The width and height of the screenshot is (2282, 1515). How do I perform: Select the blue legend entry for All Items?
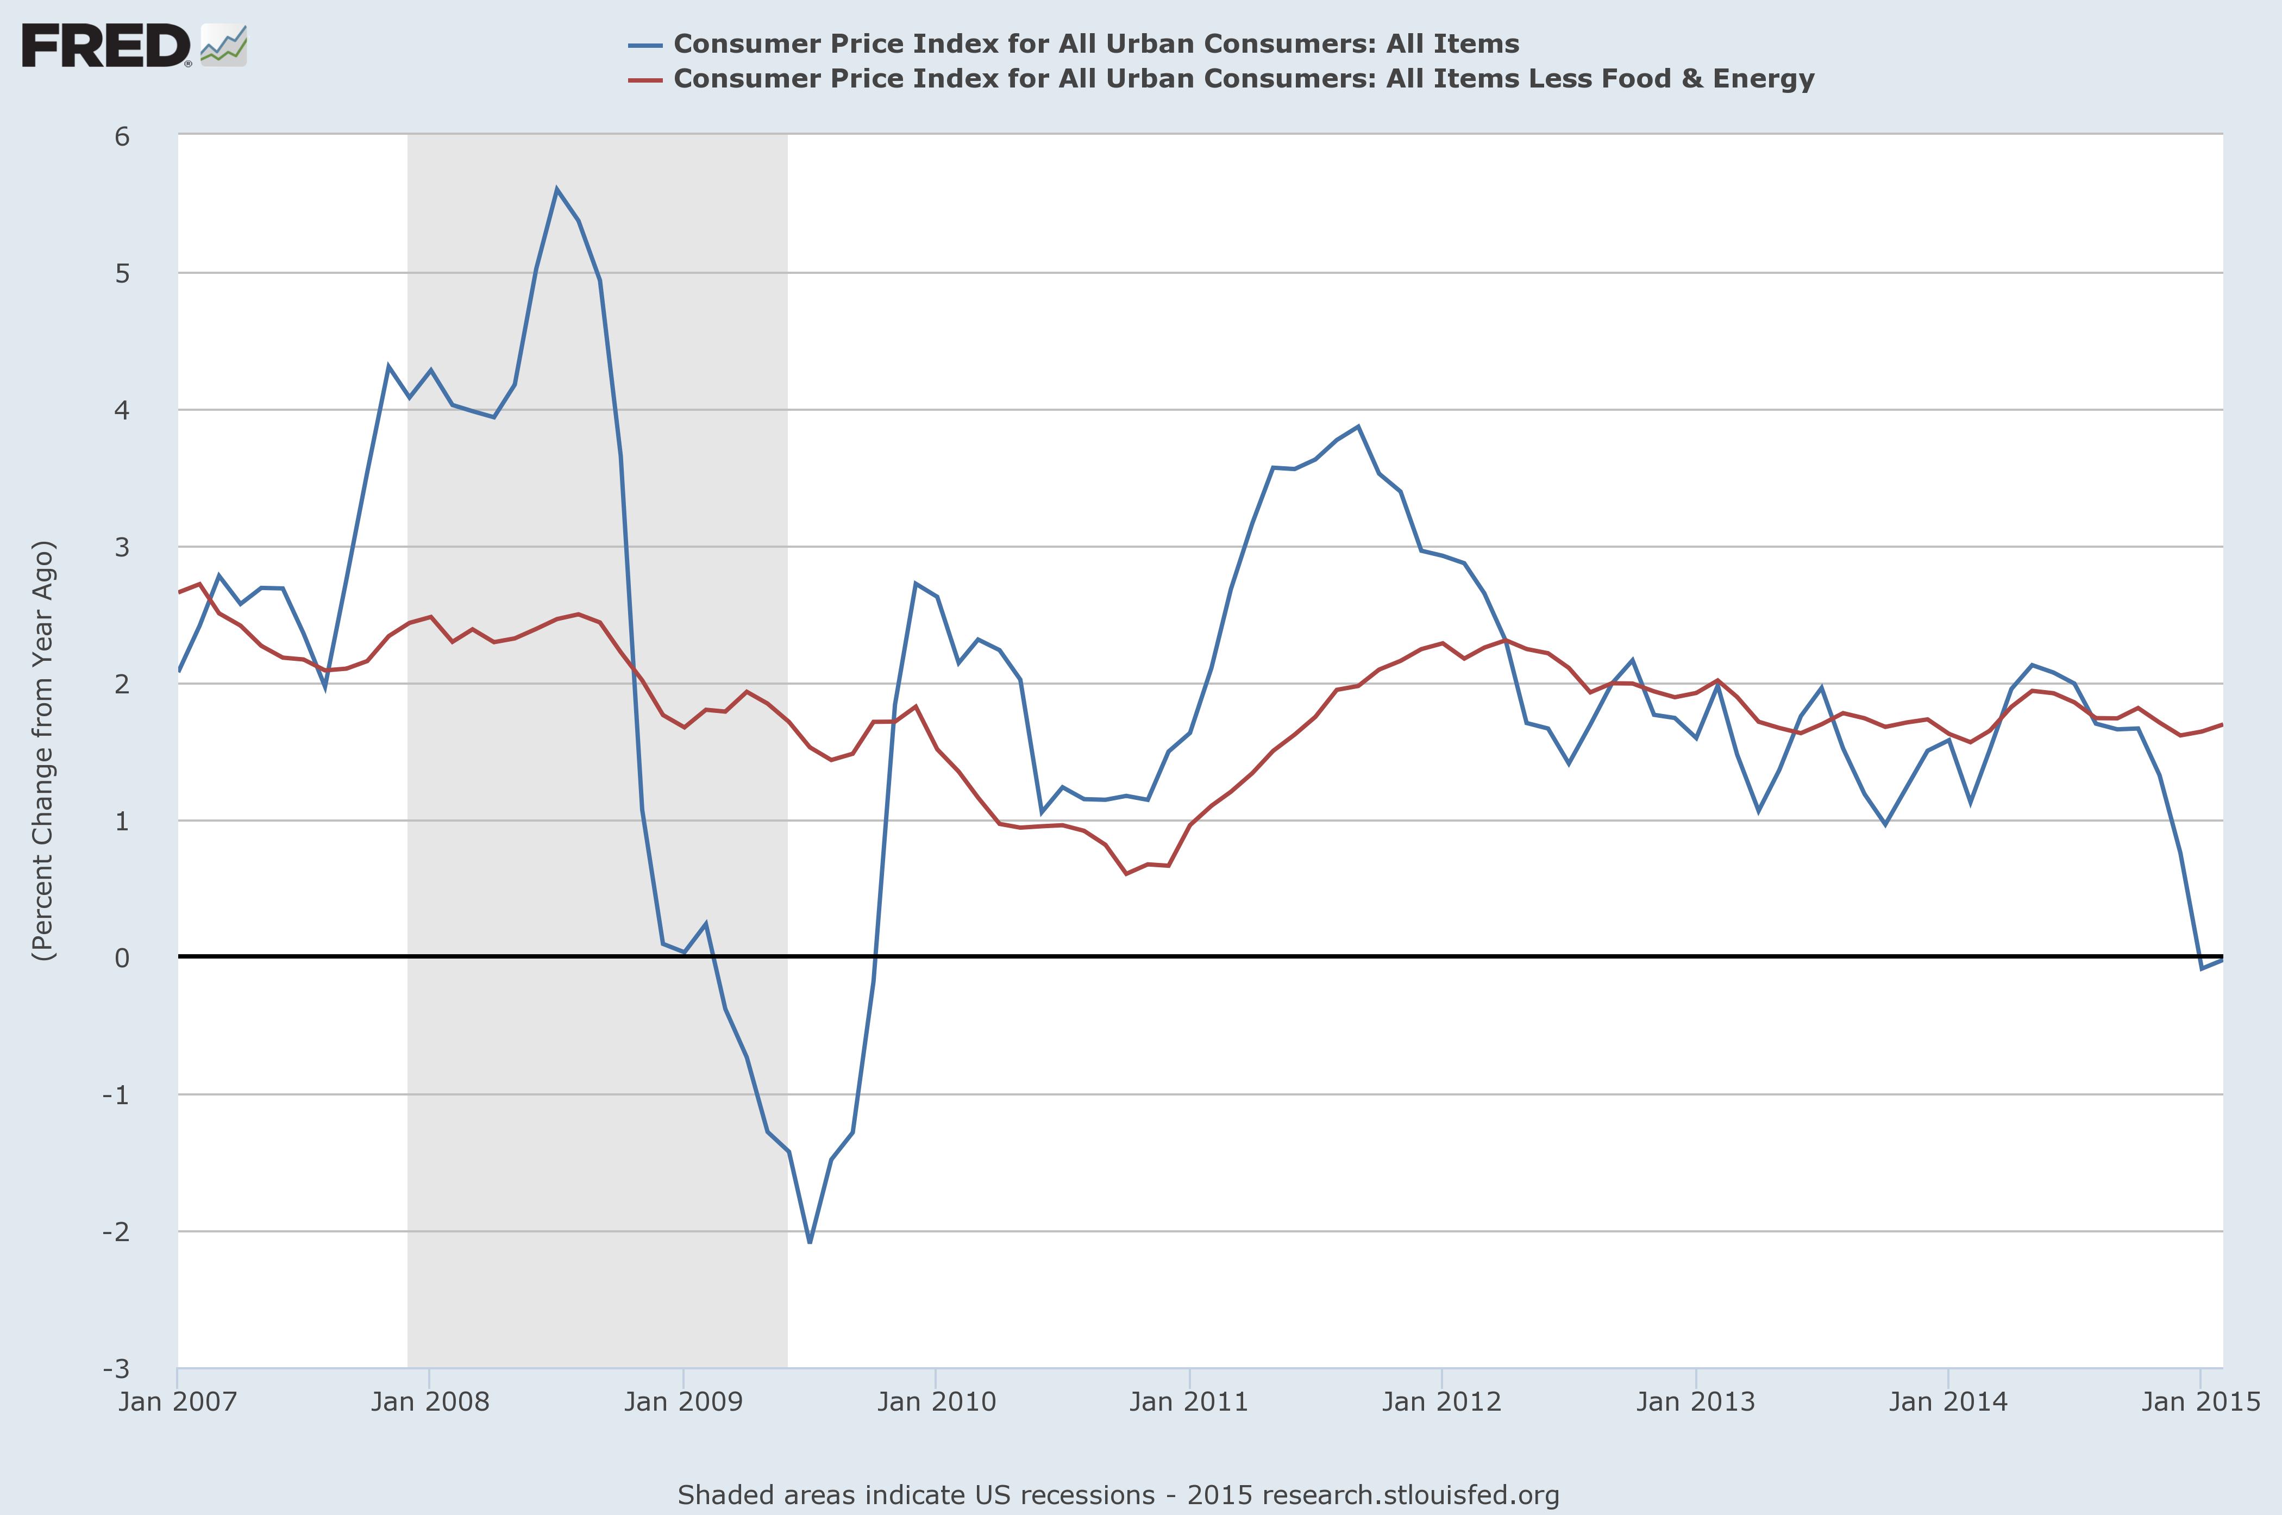[1095, 43]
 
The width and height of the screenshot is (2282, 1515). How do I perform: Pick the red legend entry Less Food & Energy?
[1243, 78]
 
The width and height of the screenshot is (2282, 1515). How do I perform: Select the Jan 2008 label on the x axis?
[430, 1401]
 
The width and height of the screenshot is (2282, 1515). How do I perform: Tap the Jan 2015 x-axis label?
[2200, 1401]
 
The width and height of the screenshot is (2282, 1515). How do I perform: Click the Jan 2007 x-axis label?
[178, 1401]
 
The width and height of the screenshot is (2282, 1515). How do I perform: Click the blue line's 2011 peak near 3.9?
[1358, 426]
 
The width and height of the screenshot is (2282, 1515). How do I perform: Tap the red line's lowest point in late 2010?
[1126, 873]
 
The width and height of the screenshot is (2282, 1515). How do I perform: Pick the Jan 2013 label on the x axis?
[1695, 1401]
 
